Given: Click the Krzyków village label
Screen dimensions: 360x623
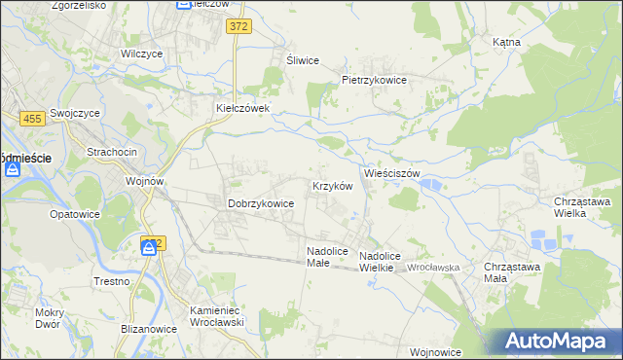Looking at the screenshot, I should coord(331,186).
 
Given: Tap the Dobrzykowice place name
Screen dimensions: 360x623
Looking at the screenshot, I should coord(260,203).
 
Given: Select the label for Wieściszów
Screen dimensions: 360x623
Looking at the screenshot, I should coord(391,173).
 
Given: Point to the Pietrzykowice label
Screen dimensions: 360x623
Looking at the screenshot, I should coord(373,80).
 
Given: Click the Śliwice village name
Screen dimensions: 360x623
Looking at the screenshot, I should coord(303,60).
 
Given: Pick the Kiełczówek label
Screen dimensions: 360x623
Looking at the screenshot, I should coord(248,109).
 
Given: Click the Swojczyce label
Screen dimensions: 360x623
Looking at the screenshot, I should coord(77,112).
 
